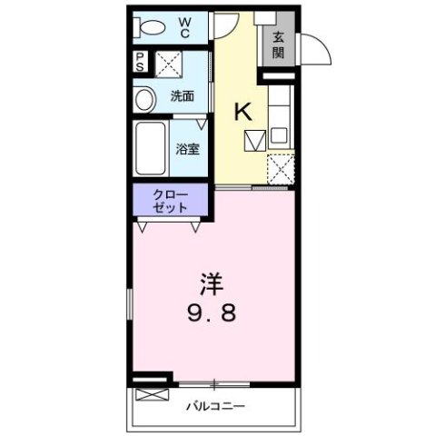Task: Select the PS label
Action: (x=141, y=63)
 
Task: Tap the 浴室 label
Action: (x=188, y=149)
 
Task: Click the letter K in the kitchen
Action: (x=243, y=112)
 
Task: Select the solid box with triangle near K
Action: (x=255, y=142)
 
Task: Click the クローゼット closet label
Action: (x=170, y=201)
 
